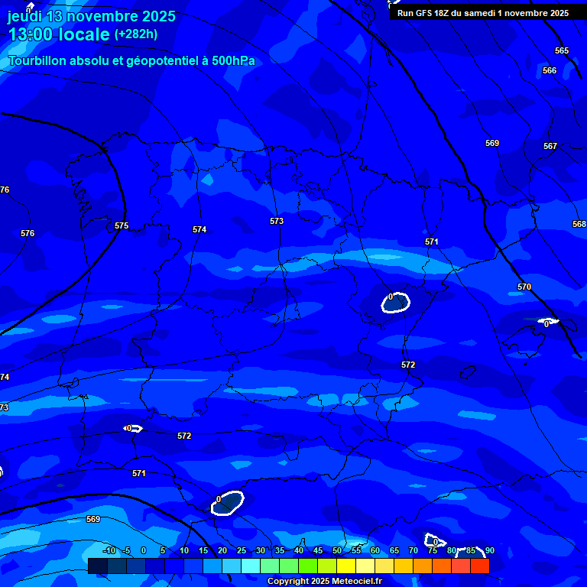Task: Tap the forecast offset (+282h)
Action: (136, 34)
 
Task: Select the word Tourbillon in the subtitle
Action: (37, 61)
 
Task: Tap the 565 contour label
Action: (562, 50)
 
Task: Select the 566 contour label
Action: (550, 70)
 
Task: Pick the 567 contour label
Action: (550, 146)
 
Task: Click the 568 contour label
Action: (579, 224)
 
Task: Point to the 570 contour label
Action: (524, 287)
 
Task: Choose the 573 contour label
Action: (277, 221)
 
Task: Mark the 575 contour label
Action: (122, 225)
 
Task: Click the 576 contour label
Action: (28, 233)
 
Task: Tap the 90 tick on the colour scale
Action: (489, 550)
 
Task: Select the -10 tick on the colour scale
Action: (109, 550)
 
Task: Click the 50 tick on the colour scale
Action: (336, 550)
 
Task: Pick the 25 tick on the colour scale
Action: (241, 550)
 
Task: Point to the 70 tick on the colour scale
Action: (413, 550)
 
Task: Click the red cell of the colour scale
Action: (480, 566)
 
